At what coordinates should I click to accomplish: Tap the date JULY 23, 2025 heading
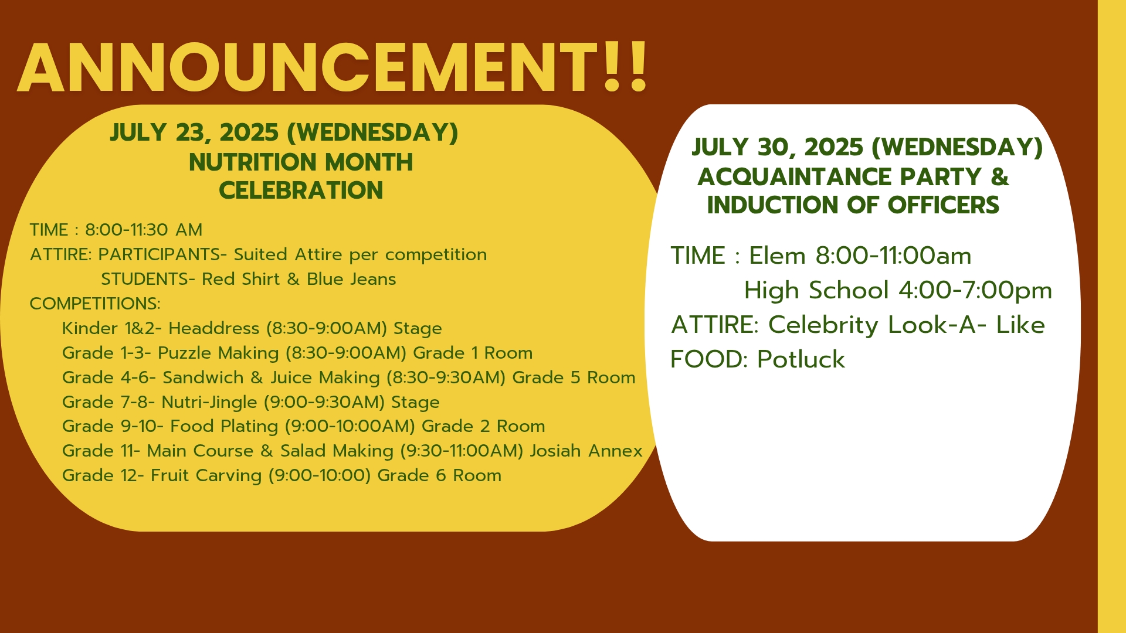[194, 132]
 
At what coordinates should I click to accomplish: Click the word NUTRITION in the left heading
[253, 162]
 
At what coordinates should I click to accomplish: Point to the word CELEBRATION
[301, 190]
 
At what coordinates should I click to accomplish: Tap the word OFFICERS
[943, 205]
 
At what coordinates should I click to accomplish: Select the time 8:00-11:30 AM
[144, 230]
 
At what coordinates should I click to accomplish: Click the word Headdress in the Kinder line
[214, 328]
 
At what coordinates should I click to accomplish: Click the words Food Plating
[224, 427]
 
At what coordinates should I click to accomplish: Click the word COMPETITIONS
[95, 304]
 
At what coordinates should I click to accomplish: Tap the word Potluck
[801, 359]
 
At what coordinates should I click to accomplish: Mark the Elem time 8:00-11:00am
[894, 256]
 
